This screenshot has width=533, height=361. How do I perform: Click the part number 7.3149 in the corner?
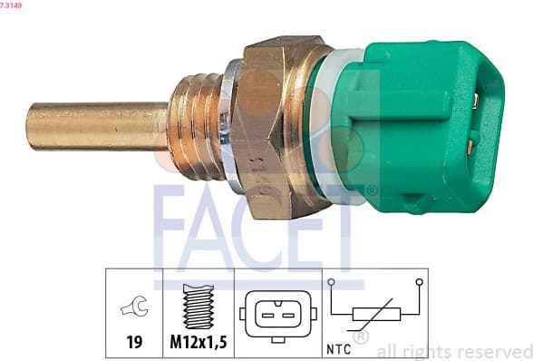coord(12,5)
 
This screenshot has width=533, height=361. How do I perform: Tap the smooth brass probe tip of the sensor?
coord(82,125)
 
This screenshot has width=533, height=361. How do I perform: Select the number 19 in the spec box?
coord(133,343)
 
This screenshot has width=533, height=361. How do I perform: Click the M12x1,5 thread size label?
coord(198,343)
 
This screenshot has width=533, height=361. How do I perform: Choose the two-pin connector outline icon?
coord(278,315)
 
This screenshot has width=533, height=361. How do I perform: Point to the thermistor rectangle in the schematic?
coord(377,316)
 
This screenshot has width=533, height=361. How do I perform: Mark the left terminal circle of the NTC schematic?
coord(333,282)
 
